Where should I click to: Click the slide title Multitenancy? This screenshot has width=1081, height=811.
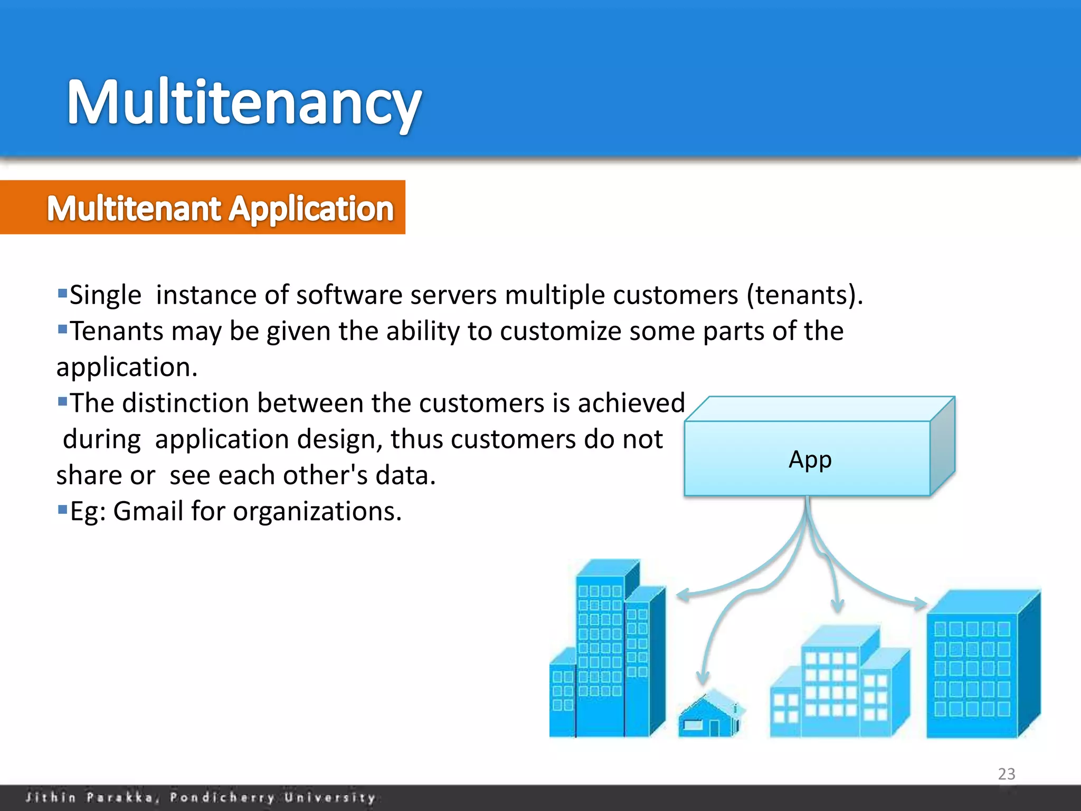tap(244, 103)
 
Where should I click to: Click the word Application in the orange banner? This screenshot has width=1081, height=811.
tap(311, 209)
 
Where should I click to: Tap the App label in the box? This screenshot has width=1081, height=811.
tap(810, 459)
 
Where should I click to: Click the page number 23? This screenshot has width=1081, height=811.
tap(1006, 774)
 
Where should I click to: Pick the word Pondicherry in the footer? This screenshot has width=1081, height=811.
tap(222, 797)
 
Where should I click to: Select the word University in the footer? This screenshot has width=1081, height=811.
tap(330, 797)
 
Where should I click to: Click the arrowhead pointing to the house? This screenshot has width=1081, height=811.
tap(703, 678)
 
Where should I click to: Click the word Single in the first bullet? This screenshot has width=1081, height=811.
tap(106, 295)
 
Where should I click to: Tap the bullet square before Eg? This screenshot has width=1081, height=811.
tap(63, 510)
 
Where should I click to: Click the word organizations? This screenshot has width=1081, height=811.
tap(317, 511)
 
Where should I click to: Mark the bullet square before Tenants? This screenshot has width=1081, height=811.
tap(63, 329)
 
